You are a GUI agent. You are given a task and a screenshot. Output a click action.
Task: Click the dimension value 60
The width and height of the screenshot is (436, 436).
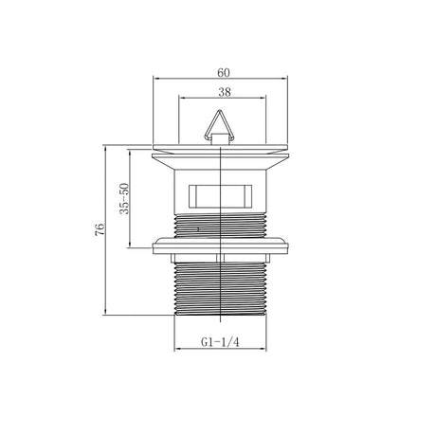tap(224, 73)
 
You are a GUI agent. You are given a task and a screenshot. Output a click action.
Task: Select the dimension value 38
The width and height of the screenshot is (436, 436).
tap(225, 92)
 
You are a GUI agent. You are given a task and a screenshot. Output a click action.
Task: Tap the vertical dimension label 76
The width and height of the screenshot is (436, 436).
tap(100, 229)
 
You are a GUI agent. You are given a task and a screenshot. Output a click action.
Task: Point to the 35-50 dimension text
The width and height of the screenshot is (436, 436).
tap(124, 199)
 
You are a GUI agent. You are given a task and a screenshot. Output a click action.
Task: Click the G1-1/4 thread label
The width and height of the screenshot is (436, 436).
tap(220, 342)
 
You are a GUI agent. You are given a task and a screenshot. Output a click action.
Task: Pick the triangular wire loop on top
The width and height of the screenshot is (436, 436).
tap(219, 126)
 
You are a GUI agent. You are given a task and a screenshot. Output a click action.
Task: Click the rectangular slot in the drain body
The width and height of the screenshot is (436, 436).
tap(220, 196)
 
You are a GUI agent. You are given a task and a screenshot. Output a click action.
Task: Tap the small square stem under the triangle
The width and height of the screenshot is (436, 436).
tap(219, 139)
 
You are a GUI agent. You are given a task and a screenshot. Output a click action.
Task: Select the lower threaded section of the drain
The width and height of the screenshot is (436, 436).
tap(221, 289)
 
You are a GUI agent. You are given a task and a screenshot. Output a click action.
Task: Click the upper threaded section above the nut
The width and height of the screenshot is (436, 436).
tap(221, 225)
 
